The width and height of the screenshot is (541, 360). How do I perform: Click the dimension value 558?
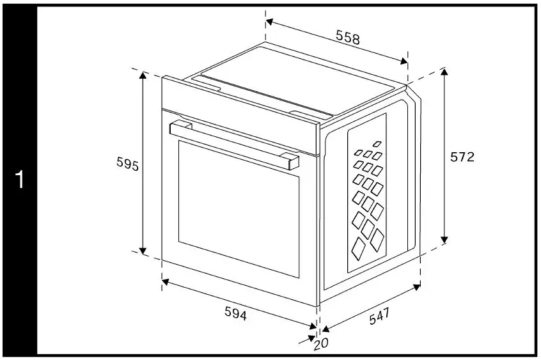(348, 38)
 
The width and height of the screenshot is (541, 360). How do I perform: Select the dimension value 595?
(128, 164)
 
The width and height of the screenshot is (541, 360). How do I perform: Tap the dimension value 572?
(462, 157)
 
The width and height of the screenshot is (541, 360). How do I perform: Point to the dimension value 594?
(236, 313)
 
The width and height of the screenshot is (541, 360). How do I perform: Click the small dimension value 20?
(321, 345)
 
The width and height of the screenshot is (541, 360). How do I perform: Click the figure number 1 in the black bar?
(19, 180)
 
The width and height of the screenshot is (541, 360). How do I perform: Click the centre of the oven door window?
(239, 208)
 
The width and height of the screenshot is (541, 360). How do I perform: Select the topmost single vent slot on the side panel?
(377, 144)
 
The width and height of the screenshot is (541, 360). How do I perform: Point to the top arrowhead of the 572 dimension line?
(444, 71)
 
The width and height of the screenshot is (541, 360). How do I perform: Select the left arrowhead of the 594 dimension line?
(165, 280)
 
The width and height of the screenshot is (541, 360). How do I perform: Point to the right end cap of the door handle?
(291, 160)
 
